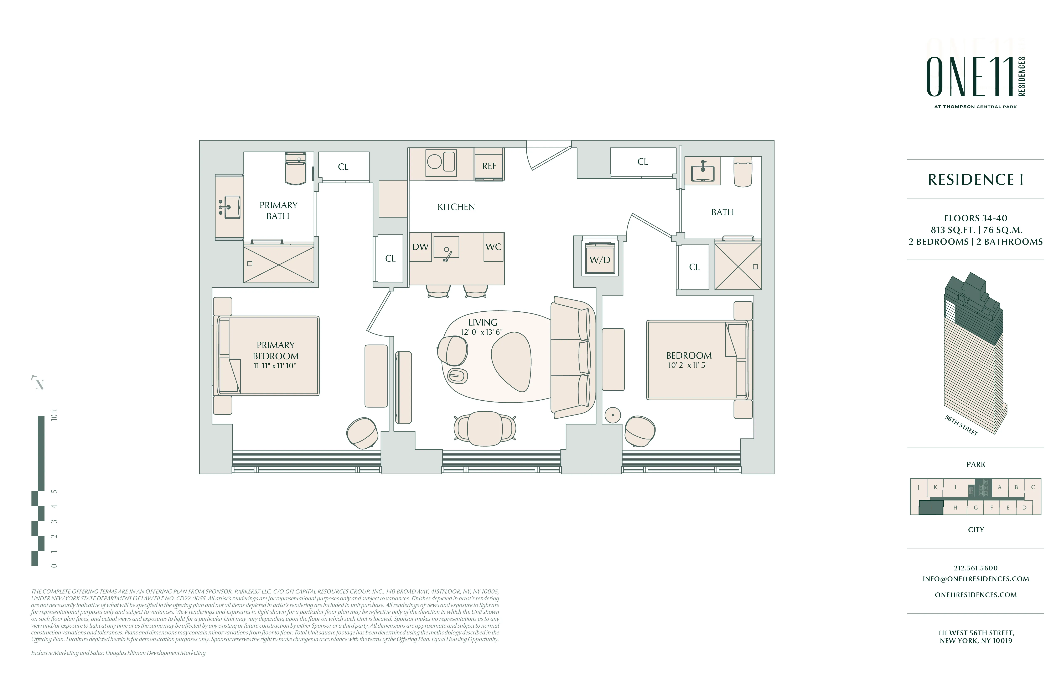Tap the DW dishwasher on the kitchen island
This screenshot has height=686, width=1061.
pyautogui.click(x=420, y=247)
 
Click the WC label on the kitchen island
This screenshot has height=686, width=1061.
pyautogui.click(x=493, y=247)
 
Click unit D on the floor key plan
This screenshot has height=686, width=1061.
pyautogui.click(x=1024, y=507)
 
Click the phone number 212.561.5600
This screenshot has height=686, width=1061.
pyautogui.click(x=975, y=568)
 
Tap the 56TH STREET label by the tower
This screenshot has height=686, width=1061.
pyautogui.click(x=961, y=425)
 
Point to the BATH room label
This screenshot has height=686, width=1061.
pyautogui.click(x=722, y=212)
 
